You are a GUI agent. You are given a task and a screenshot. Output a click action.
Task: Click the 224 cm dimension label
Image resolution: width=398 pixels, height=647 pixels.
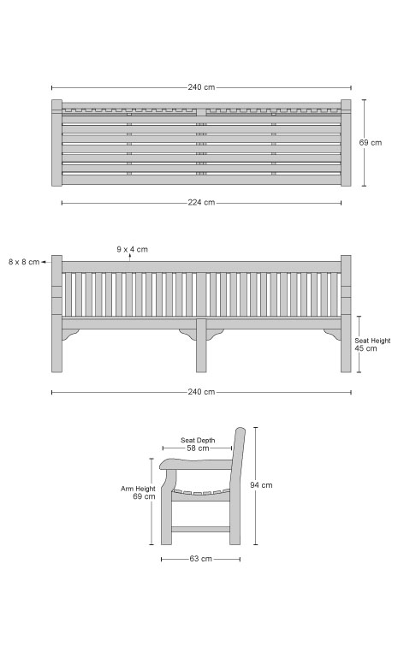click(201, 203)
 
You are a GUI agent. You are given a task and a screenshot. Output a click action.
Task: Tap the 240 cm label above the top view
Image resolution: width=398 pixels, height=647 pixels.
click(201, 87)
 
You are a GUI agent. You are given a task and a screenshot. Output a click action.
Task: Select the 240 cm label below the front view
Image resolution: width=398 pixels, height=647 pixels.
click(201, 392)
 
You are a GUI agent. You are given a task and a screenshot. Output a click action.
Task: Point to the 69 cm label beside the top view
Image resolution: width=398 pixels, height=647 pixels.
click(371, 143)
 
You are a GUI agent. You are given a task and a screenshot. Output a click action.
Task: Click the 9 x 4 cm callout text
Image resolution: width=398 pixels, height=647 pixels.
click(132, 249)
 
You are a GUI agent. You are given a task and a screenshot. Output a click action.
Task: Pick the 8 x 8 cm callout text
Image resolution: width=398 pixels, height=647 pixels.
click(24, 262)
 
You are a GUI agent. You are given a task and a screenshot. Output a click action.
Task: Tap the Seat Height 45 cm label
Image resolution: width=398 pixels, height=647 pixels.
click(372, 345)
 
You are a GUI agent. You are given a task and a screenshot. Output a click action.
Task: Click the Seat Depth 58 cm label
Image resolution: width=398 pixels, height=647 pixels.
click(198, 444)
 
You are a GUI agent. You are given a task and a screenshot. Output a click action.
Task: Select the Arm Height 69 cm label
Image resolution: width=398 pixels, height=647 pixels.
click(138, 492)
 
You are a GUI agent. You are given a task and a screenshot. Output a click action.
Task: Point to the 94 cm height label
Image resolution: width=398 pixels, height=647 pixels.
click(261, 485)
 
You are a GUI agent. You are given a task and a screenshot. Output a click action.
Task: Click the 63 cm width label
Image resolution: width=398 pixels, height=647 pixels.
click(200, 559)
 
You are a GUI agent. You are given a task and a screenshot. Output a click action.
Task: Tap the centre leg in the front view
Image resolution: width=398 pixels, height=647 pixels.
click(201, 346)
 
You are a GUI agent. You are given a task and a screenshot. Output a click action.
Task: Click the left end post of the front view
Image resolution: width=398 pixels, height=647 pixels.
click(56, 313)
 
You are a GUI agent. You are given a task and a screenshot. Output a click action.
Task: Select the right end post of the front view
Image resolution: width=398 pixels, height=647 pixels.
click(346, 313)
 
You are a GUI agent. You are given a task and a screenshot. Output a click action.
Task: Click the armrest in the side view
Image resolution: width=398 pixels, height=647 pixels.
click(196, 464)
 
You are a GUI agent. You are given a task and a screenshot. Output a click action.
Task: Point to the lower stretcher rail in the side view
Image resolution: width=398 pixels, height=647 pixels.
click(200, 529)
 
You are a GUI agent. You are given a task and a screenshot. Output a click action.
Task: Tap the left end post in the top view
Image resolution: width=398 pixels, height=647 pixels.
click(56, 143)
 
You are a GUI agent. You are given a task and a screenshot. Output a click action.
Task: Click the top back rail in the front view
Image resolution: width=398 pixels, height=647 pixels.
click(201, 266)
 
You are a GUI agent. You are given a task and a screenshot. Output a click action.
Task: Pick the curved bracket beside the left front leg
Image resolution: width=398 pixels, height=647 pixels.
click(70, 335)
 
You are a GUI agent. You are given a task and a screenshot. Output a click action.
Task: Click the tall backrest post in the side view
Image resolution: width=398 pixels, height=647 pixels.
click(236, 486)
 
